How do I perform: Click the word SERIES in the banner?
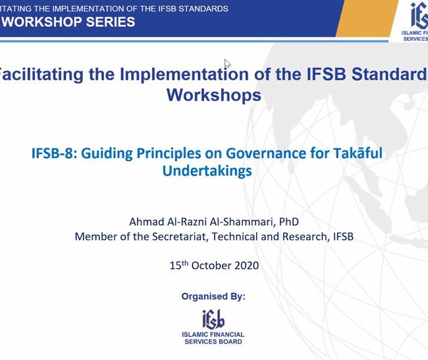click(x=111, y=22)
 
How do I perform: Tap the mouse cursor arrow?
click(x=227, y=64)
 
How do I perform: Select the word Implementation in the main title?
click(x=184, y=74)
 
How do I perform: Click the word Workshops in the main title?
click(x=214, y=95)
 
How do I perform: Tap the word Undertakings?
click(x=207, y=171)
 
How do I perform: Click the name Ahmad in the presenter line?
click(x=146, y=221)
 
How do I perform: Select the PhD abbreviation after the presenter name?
click(x=289, y=221)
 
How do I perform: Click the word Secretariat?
click(x=178, y=236)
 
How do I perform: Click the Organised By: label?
click(x=213, y=296)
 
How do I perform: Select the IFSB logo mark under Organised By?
click(x=213, y=319)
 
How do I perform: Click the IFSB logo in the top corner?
click(x=419, y=16)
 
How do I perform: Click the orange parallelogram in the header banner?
click(x=367, y=18)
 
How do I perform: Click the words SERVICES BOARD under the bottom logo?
click(x=213, y=342)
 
